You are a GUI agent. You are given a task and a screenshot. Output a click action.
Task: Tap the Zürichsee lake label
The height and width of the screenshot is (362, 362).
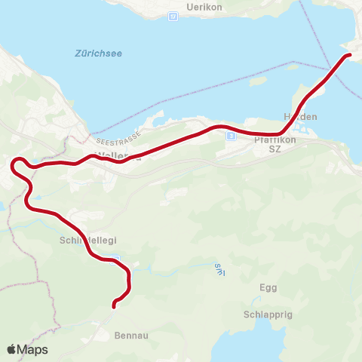click(98, 54)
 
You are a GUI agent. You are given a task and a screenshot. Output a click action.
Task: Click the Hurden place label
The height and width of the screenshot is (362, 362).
click(300, 117)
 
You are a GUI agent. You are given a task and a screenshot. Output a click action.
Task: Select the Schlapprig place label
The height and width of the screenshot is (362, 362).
click(268, 314)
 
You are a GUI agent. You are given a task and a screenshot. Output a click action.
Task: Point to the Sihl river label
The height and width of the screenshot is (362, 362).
click(219, 268)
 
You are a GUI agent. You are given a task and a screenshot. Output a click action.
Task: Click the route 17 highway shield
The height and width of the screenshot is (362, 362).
click(173, 16)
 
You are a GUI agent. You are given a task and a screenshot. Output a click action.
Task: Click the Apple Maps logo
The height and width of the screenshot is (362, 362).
click(27, 349)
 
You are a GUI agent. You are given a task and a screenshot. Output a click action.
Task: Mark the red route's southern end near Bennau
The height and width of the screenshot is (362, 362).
click(114, 305)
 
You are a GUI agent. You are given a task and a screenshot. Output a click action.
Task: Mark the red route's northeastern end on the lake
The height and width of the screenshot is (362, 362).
click(348, 54)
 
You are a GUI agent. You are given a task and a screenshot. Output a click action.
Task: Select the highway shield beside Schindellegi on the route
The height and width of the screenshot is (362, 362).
click(115, 259)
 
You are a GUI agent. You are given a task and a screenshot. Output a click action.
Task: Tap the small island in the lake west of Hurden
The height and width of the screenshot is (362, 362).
click(293, 66)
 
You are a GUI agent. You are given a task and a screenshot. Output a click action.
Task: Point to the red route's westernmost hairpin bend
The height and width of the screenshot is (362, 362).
click(13, 163)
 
